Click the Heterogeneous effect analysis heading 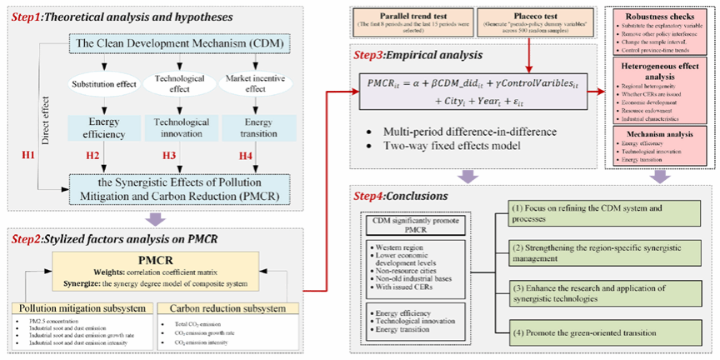658,78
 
